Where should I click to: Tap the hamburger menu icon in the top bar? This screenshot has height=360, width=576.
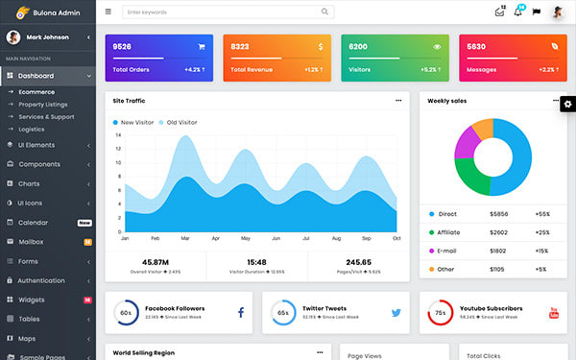click(x=108, y=12)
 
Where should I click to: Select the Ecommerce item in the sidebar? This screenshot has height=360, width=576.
click(x=36, y=91)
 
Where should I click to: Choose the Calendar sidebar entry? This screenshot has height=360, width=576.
click(x=33, y=222)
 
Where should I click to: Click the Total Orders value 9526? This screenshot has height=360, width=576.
click(x=122, y=46)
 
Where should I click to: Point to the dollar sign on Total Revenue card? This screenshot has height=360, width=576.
click(x=320, y=46)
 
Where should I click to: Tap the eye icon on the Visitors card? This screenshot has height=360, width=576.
click(x=437, y=46)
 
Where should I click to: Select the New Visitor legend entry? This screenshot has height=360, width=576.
click(x=135, y=123)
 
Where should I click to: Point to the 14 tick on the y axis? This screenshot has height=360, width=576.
click(x=118, y=135)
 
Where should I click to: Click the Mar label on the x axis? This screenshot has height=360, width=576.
click(x=184, y=237)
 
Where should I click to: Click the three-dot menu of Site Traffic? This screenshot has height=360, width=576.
click(x=398, y=100)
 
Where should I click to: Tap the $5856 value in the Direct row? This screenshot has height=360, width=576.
click(x=499, y=214)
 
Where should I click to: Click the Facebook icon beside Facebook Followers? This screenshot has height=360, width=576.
click(x=240, y=313)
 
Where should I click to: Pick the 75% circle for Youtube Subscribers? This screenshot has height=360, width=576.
click(x=440, y=313)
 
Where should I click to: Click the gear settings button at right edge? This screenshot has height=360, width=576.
click(x=567, y=103)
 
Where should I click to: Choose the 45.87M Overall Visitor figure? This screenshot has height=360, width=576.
click(x=156, y=261)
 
